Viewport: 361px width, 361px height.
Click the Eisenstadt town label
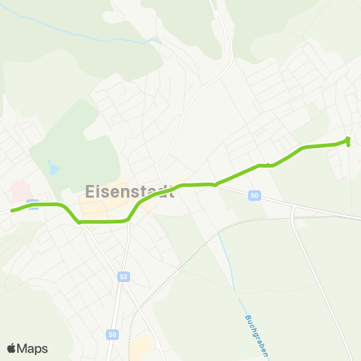click(130, 191)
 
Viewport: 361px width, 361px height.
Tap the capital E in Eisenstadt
click(93, 191)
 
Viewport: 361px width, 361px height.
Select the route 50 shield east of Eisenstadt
click(255, 196)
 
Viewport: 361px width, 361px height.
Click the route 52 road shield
click(123, 278)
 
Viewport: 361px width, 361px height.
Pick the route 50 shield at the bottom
click(112, 334)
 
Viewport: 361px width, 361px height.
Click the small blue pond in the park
click(53, 167)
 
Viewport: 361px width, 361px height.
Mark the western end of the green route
click(12, 211)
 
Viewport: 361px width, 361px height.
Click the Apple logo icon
click(12, 348)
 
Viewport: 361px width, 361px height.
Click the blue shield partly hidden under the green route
click(32, 202)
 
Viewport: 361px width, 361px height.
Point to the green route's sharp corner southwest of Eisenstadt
click(79, 222)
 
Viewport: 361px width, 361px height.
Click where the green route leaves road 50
click(216, 184)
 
